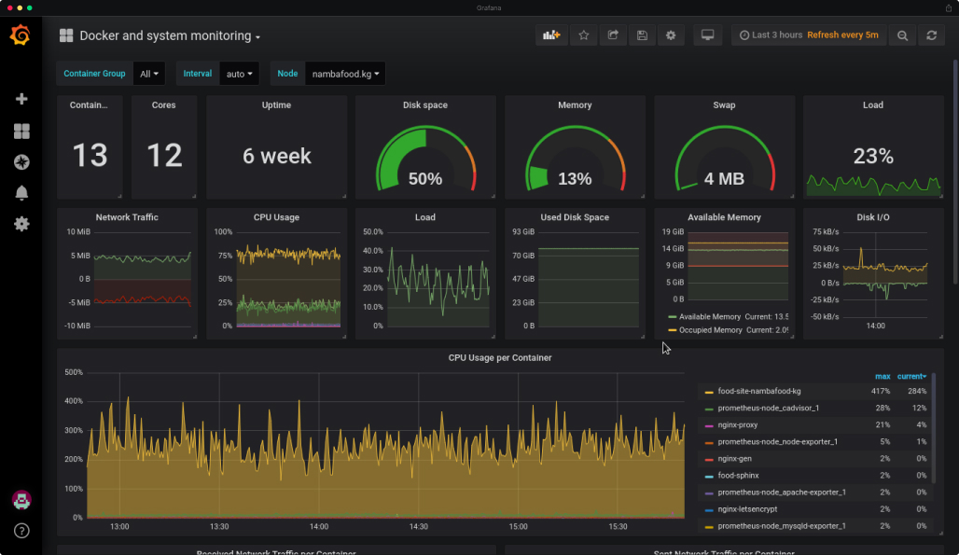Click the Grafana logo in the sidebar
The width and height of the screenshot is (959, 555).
coord(21,35)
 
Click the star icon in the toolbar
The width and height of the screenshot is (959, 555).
coord(584,35)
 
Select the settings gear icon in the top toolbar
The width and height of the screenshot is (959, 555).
coord(670,35)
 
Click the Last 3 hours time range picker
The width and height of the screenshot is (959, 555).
coord(771,35)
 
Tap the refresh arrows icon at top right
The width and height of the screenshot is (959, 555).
coord(930,35)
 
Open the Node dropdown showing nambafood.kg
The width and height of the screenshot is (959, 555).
coord(345,74)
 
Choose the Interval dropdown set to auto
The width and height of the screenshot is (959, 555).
coord(240,74)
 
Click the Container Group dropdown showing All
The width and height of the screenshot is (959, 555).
coord(149,74)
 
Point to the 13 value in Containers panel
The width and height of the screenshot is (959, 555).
coord(90,155)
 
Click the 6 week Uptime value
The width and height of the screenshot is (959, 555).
coord(277,156)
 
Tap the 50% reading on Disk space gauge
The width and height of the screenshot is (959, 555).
coord(425,178)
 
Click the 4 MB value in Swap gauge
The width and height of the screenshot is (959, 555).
coord(724,178)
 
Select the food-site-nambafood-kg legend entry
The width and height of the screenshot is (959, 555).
coord(758,392)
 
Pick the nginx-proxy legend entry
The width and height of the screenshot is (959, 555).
coord(737,425)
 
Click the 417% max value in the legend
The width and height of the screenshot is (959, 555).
coord(881,392)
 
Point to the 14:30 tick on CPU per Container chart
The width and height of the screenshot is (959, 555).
coord(419,527)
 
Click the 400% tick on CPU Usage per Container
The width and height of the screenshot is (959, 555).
coord(73,401)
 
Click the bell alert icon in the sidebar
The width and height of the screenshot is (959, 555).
coord(21,193)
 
